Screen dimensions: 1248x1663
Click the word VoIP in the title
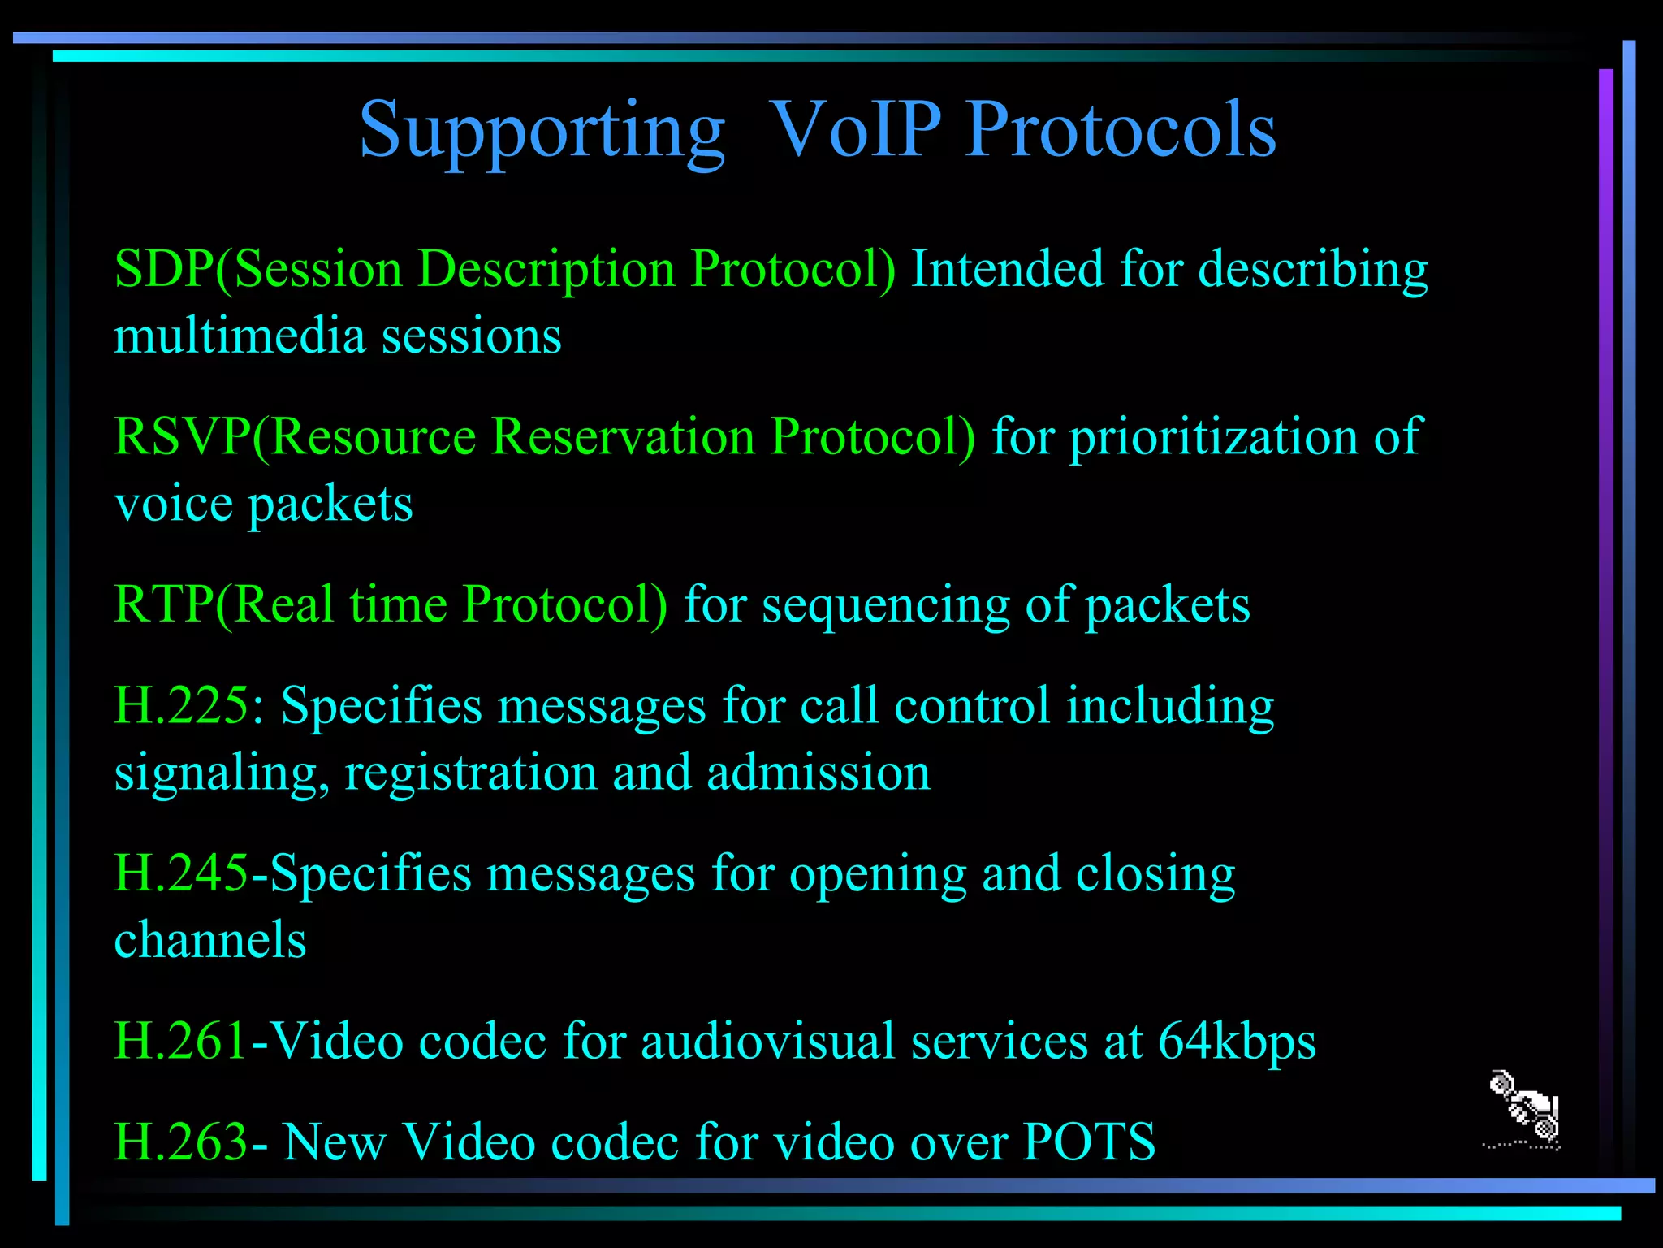854,130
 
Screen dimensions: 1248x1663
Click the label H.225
180,705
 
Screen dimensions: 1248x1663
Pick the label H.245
180,873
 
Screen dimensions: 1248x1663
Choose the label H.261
180,1041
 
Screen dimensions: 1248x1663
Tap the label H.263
180,1142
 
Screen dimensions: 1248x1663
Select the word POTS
1089,1142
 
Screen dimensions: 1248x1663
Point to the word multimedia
240,336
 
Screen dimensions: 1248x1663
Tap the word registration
471,773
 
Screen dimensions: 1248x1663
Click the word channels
210,940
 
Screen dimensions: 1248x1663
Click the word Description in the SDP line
546,271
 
